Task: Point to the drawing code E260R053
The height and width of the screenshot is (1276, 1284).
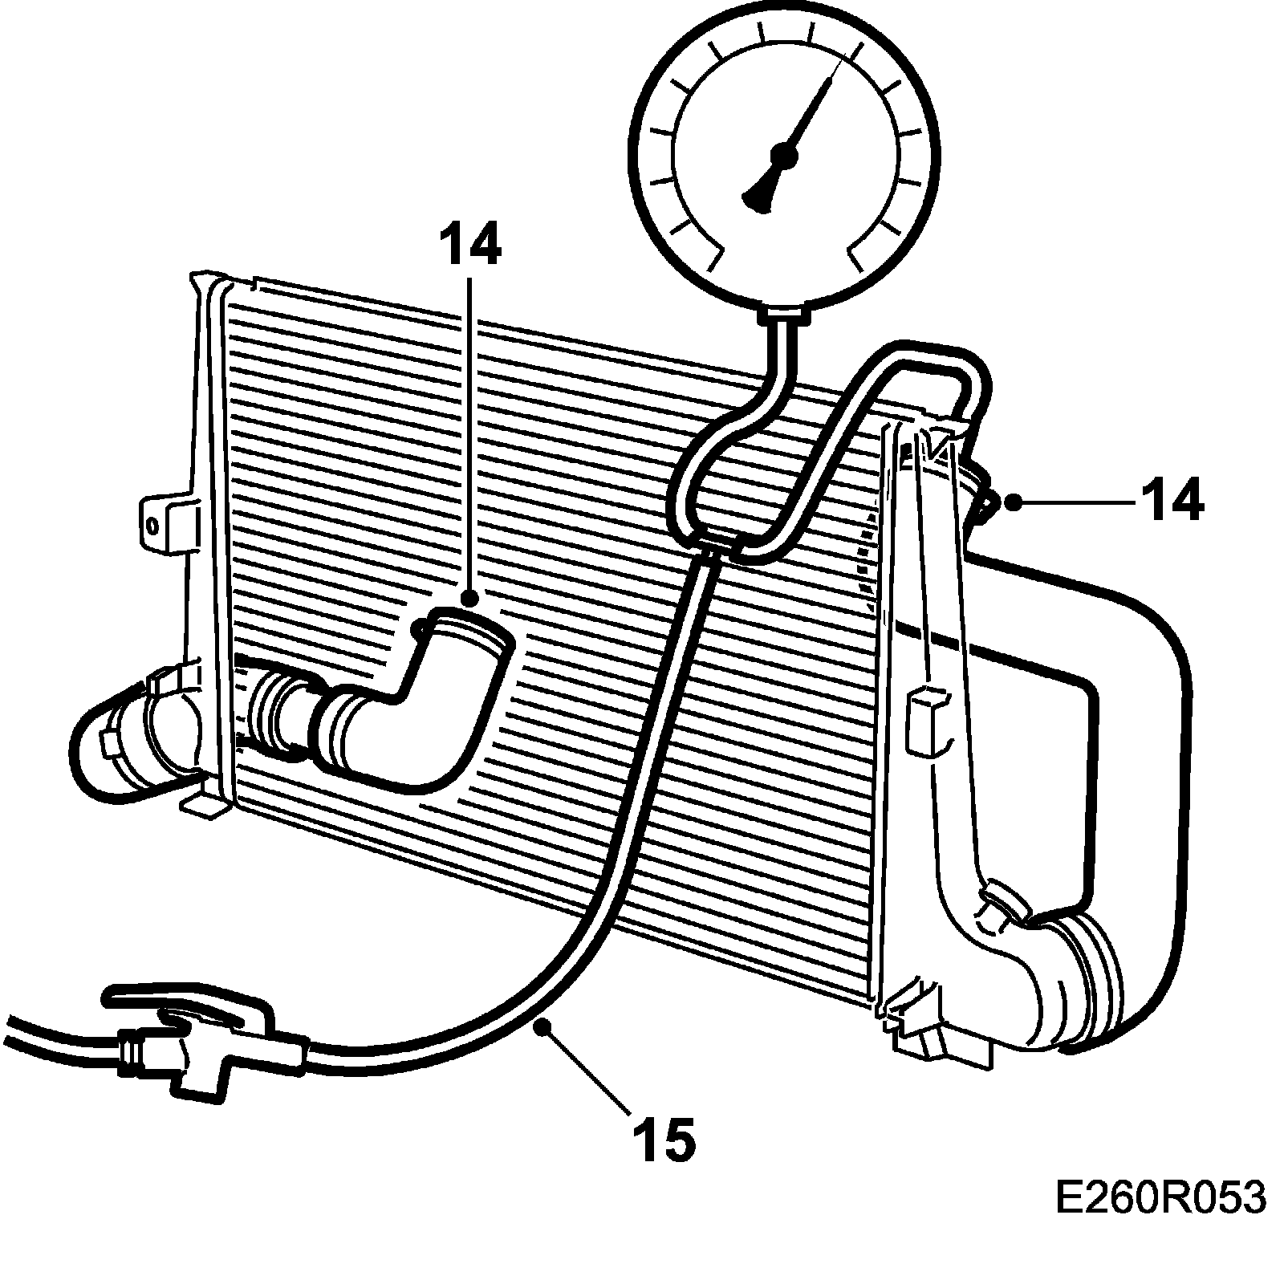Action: point(1160,1222)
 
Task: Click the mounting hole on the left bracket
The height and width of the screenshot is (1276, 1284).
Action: point(152,526)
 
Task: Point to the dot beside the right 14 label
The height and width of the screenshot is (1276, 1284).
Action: point(1014,502)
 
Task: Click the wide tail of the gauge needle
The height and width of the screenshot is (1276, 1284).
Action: point(758,193)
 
